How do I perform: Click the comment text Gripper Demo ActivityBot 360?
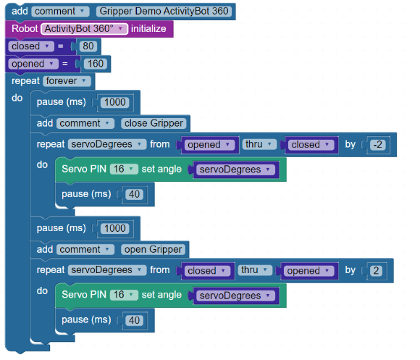164,12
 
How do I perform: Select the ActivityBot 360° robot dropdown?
84,29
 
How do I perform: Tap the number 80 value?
88,46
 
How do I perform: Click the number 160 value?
96,64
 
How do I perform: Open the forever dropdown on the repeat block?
67,81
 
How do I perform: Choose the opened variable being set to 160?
33,64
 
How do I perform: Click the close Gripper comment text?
154,123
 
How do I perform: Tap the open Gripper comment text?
153,249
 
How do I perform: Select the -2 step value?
378,145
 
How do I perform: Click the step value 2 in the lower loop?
376,270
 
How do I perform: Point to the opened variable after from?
209,145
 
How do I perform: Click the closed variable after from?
207,270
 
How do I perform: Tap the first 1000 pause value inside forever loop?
114,102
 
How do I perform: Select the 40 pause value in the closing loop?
134,194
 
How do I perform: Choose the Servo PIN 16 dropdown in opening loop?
124,295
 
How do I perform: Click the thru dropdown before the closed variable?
259,144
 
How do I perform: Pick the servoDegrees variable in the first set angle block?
235,169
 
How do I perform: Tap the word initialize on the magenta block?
148,29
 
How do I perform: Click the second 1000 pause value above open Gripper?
114,228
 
